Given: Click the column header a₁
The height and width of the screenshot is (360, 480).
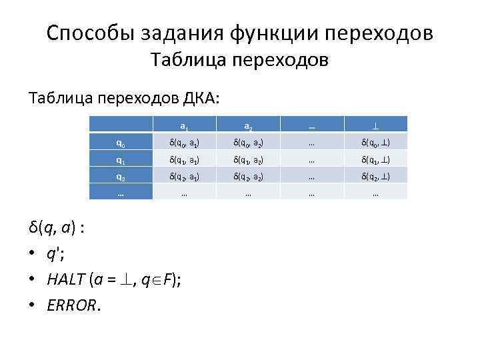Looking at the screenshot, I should pyautogui.click(x=183, y=125).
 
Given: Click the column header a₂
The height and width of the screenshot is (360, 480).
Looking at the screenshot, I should pyautogui.click(x=247, y=125).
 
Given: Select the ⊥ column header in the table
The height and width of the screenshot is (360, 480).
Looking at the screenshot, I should pyautogui.click(x=375, y=125).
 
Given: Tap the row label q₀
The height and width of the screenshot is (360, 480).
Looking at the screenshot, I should pyautogui.click(x=119, y=142).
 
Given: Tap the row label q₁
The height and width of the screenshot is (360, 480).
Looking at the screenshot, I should pyautogui.click(x=119, y=159).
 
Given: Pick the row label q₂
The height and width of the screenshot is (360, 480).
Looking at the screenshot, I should pyautogui.click(x=119, y=177).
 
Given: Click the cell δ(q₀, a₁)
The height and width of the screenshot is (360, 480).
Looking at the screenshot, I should pyautogui.click(x=183, y=142).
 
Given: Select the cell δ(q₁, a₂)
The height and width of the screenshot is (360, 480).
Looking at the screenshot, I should pyautogui.click(x=247, y=159).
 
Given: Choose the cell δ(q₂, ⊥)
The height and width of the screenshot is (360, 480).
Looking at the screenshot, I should pyautogui.click(x=375, y=177).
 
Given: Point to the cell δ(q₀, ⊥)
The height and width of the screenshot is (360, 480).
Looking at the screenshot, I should pyautogui.click(x=375, y=142).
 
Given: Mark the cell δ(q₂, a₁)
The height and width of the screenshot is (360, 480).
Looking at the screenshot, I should pyautogui.click(x=183, y=177).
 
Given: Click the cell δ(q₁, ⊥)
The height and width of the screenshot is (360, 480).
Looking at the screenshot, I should pyautogui.click(x=375, y=159).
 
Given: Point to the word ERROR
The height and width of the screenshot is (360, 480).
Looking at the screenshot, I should pyautogui.click(x=73, y=305).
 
